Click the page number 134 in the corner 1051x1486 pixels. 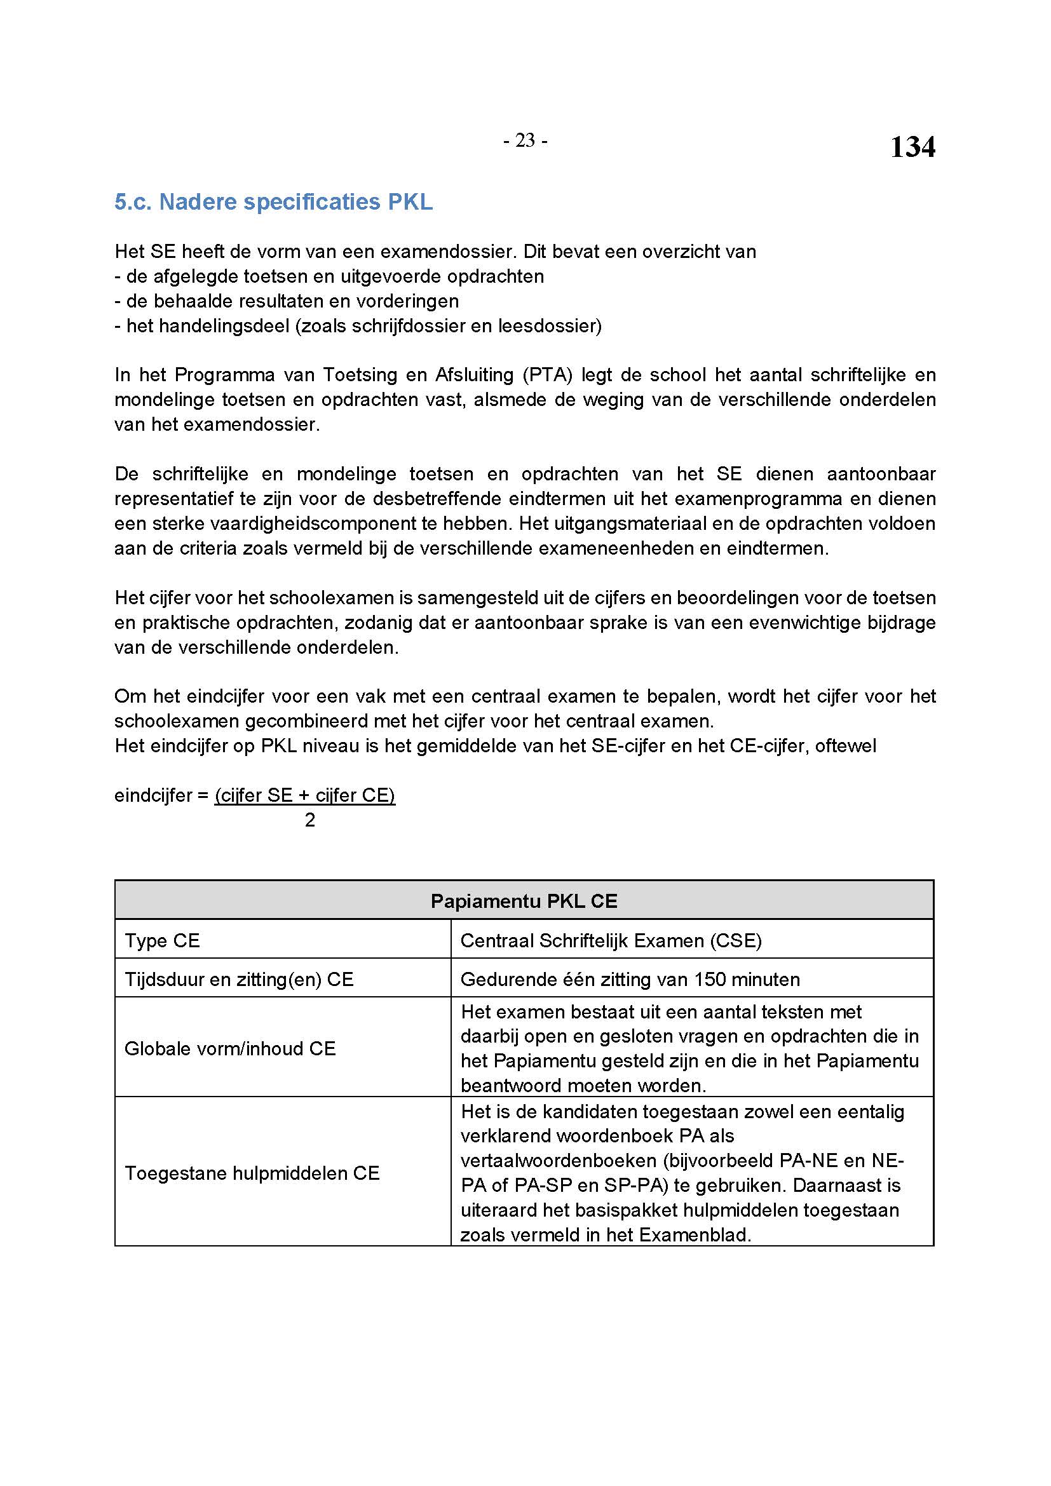tap(912, 147)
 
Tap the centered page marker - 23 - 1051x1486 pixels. tap(525, 140)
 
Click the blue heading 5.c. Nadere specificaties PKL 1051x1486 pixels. tap(273, 202)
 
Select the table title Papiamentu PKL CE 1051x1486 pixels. tap(524, 901)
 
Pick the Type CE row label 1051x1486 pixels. tap(162, 940)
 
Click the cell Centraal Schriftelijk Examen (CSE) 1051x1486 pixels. tap(610, 940)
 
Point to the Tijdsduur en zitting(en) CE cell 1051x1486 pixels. tap(239, 979)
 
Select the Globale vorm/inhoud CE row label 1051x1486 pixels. tap(230, 1048)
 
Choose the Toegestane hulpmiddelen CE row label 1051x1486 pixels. tap(252, 1173)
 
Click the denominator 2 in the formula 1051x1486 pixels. tap(310, 820)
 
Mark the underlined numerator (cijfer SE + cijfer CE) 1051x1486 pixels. tap(305, 795)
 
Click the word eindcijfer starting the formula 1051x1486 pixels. tap(153, 795)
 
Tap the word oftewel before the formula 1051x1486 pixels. tap(845, 746)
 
